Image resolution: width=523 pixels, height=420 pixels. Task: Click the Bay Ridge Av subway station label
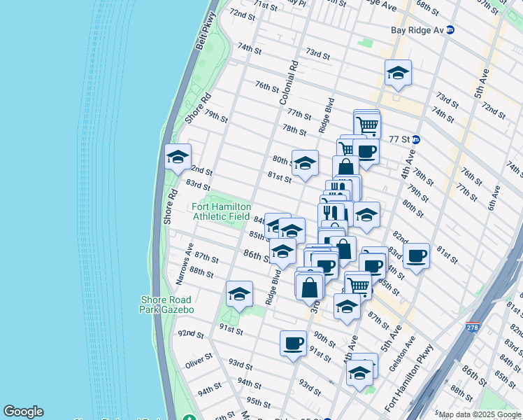click(417, 29)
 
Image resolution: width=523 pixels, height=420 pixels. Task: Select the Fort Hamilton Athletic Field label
click(221, 211)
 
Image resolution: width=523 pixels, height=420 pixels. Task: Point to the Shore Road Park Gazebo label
click(166, 304)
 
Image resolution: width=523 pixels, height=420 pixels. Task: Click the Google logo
click(23, 412)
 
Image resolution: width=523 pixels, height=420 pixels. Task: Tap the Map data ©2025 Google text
click(480, 414)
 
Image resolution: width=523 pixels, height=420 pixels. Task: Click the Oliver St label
click(199, 363)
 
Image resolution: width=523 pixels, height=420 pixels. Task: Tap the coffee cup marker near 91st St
click(293, 343)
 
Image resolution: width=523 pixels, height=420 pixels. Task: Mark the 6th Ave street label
click(495, 195)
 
